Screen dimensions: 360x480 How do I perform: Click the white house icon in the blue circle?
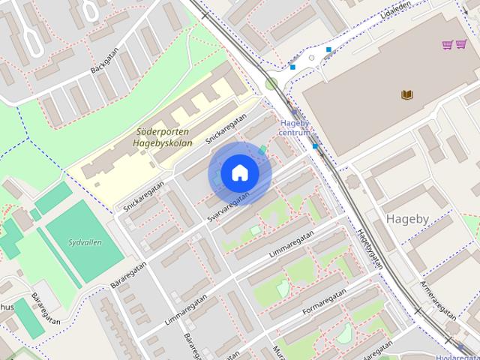click(x=239, y=173)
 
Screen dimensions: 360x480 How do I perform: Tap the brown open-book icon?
click(x=406, y=95)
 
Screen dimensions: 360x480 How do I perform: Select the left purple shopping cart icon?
click(x=448, y=45)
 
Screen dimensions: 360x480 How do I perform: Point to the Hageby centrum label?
click(x=294, y=128)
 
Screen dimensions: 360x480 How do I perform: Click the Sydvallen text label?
click(x=85, y=242)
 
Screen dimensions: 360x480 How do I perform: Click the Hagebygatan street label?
click(x=370, y=247)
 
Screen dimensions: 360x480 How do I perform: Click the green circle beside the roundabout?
click(x=271, y=84)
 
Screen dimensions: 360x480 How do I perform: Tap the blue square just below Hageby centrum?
click(x=316, y=146)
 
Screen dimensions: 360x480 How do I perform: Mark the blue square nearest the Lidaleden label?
click(x=328, y=49)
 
